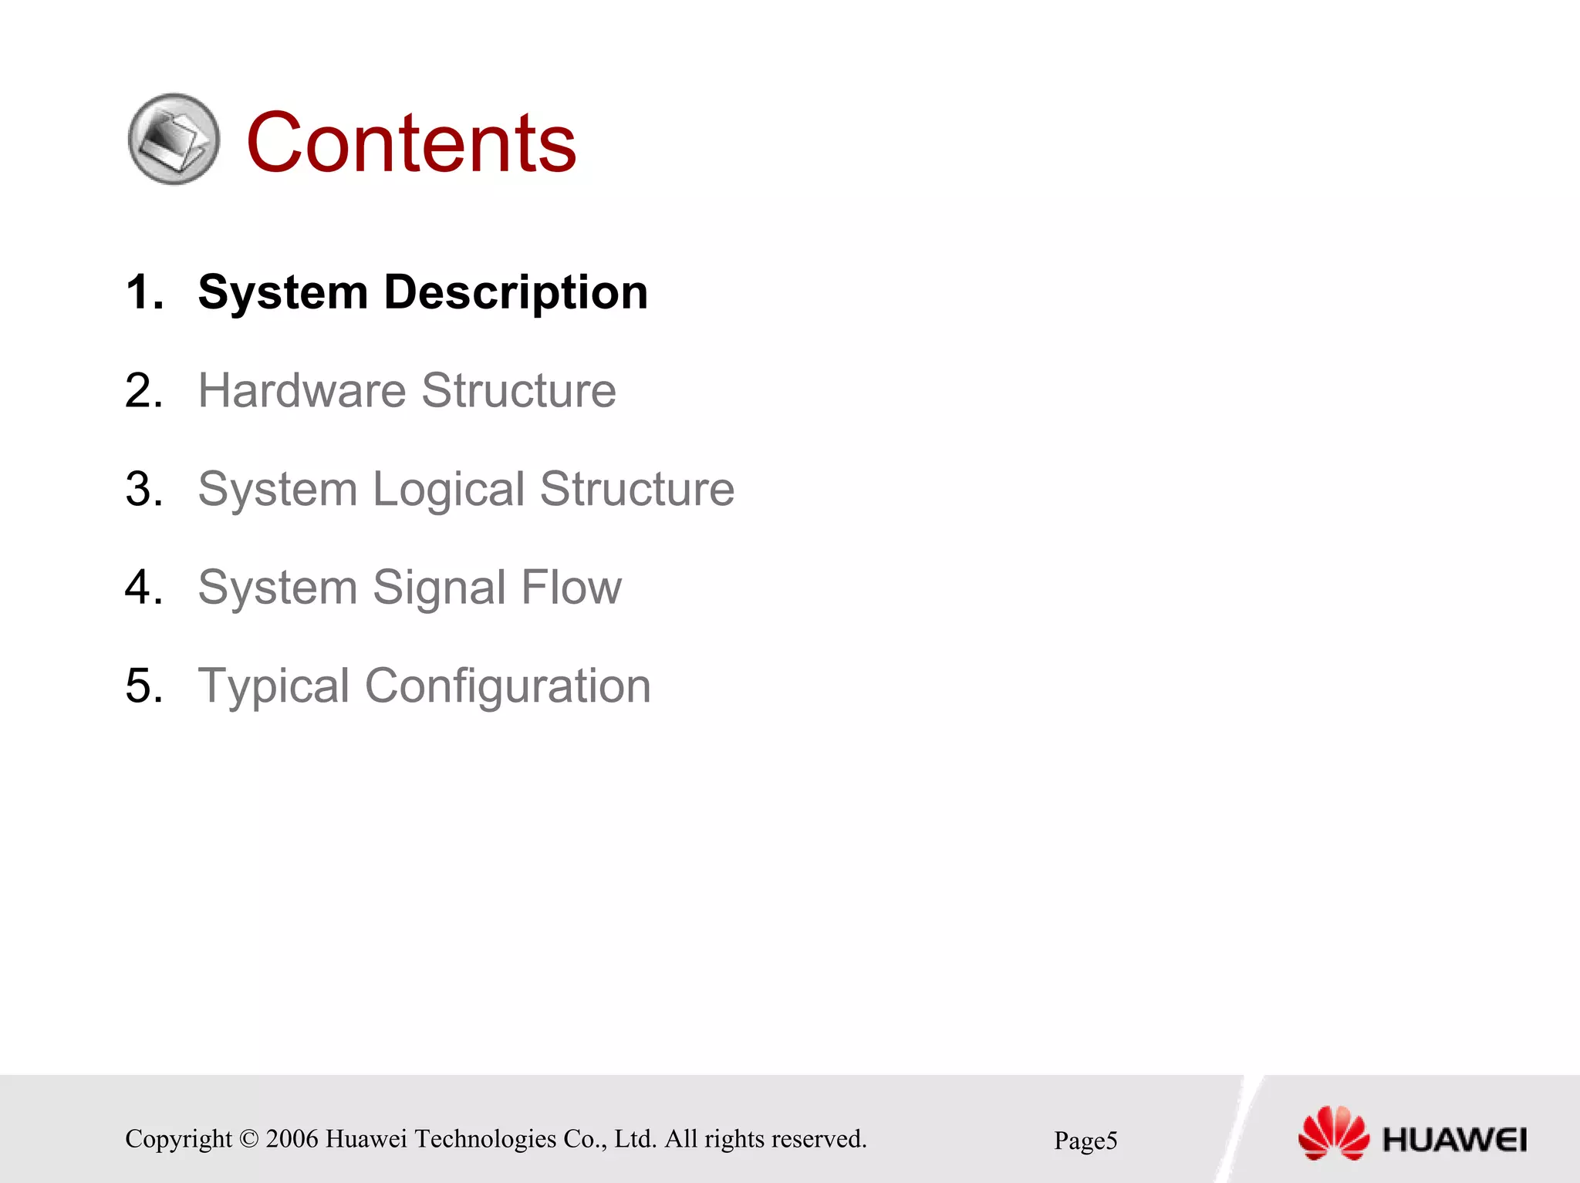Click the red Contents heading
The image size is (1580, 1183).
[410, 143]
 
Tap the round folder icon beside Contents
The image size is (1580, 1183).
[174, 140]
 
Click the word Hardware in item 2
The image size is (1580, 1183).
[302, 390]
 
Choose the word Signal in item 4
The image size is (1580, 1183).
[439, 588]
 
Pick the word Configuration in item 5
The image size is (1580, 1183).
[508, 686]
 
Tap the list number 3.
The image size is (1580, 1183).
[143, 490]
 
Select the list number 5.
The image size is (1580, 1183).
[143, 686]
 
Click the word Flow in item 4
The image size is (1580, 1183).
[571, 588]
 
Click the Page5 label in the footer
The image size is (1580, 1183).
[1085, 1141]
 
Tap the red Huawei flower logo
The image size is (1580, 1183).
[1333, 1133]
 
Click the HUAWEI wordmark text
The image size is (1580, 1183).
[1454, 1140]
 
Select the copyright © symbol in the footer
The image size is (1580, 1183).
[248, 1139]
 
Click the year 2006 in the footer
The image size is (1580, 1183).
[292, 1139]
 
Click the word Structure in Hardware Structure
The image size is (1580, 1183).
[518, 390]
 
